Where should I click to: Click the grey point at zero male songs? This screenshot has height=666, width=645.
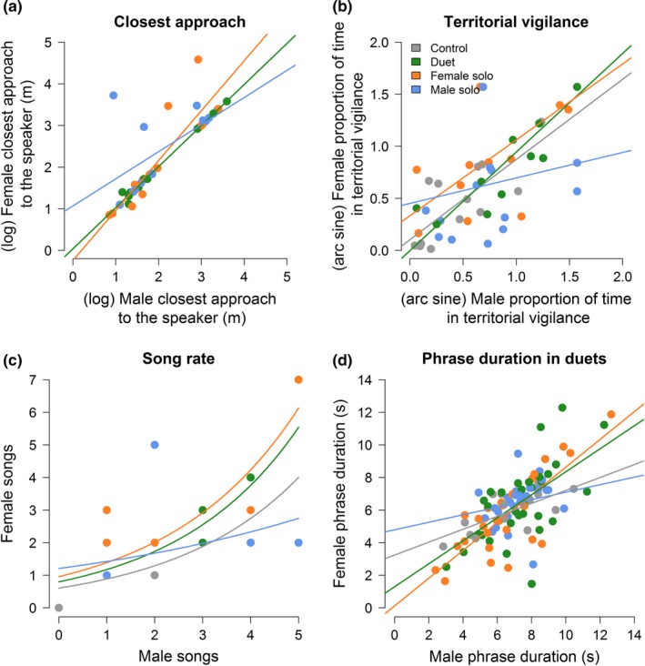point(59,608)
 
